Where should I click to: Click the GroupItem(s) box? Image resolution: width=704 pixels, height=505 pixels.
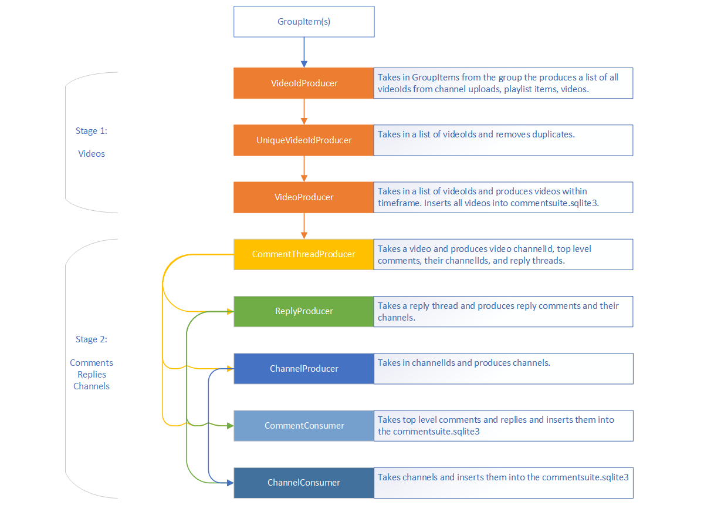(x=304, y=22)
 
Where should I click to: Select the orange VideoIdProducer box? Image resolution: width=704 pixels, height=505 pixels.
(x=304, y=83)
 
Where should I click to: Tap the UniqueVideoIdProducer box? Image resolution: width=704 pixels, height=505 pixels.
(x=304, y=140)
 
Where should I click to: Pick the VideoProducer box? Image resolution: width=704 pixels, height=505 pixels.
(x=304, y=197)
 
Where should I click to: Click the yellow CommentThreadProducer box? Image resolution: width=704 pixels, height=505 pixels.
(x=304, y=254)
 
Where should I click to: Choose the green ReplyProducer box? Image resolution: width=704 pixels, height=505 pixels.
(x=304, y=311)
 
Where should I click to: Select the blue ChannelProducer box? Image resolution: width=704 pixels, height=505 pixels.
(x=304, y=369)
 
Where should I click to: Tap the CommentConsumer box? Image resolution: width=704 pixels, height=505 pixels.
(x=304, y=426)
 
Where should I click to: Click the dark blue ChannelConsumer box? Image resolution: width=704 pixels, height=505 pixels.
(x=304, y=483)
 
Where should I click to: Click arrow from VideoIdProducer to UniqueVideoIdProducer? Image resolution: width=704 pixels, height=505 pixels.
(x=304, y=112)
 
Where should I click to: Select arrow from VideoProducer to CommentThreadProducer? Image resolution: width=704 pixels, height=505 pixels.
(x=304, y=225)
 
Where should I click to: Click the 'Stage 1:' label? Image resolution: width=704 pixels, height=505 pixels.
(x=92, y=131)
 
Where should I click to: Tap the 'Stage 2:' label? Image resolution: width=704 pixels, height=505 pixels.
(x=92, y=339)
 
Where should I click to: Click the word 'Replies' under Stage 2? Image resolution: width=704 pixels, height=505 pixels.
(x=92, y=375)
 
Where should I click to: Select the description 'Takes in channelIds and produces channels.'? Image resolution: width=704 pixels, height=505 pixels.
(x=464, y=363)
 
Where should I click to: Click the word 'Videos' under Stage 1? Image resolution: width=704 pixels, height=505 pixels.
(x=92, y=154)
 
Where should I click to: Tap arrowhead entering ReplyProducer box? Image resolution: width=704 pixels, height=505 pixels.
(x=229, y=311)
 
